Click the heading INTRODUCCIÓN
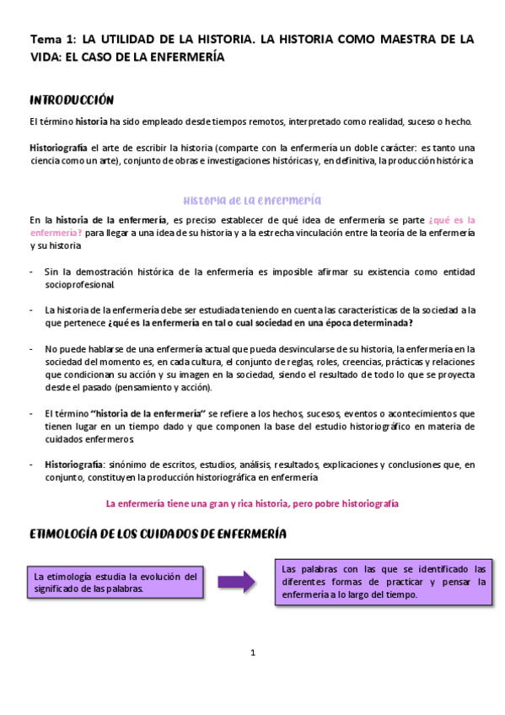pyautogui.click(x=72, y=99)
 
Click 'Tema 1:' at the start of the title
pyautogui.click(x=51, y=39)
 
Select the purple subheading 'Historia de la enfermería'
pyautogui.click(x=252, y=201)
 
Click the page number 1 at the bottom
pyautogui.click(x=252, y=653)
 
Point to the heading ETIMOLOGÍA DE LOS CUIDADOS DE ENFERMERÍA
pyautogui.click(x=158, y=534)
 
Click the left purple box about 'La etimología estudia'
pyautogui.click(x=116, y=582)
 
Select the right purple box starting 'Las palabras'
pyautogui.click(x=384, y=582)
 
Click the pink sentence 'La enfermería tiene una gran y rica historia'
pyautogui.click(x=252, y=503)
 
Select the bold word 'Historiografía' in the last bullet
pyautogui.click(x=73, y=465)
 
